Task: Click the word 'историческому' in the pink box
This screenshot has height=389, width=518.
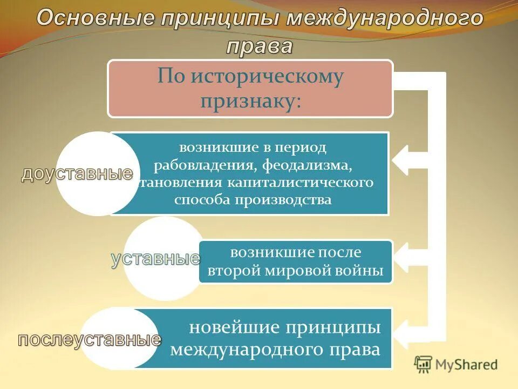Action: click(266, 76)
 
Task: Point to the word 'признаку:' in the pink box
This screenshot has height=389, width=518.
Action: click(250, 101)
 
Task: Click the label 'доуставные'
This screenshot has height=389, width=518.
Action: click(77, 173)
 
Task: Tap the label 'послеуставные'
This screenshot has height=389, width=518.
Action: click(90, 339)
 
